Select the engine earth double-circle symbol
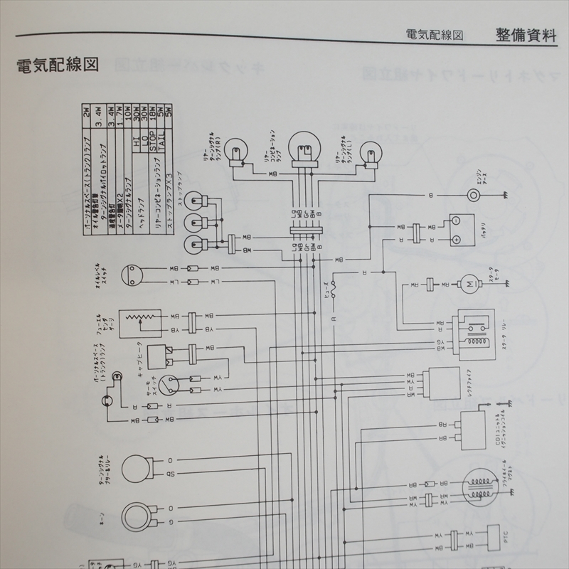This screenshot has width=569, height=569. click(x=474, y=195)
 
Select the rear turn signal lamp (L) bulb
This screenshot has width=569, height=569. click(x=371, y=152)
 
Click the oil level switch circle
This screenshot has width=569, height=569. click(x=134, y=277)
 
